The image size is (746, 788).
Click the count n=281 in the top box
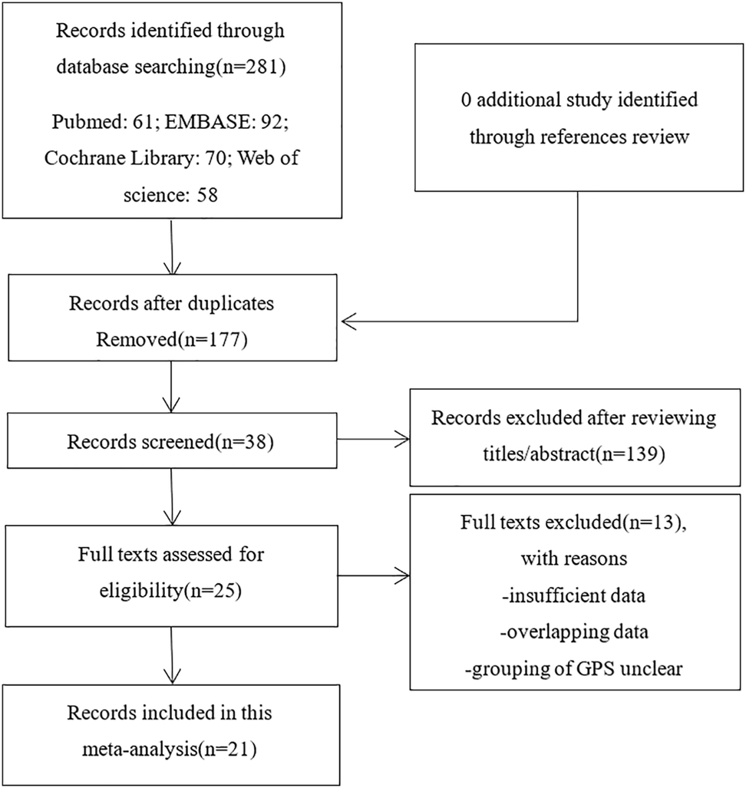[251, 67]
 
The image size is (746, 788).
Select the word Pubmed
[85, 122]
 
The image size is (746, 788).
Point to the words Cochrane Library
[119, 158]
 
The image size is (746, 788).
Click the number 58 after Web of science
[207, 195]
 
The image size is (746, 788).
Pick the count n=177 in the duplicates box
[213, 340]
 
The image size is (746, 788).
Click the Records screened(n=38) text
[170, 442]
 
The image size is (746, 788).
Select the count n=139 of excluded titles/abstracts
[631, 454]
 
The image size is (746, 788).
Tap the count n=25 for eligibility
[212, 591]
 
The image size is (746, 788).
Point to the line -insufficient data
[573, 595]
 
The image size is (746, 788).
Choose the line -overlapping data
[574, 631]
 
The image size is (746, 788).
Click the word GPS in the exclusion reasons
[596, 669]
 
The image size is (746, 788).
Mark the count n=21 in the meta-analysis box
[227, 750]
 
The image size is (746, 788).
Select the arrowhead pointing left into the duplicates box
[348, 321]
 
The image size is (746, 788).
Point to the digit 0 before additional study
[466, 100]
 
